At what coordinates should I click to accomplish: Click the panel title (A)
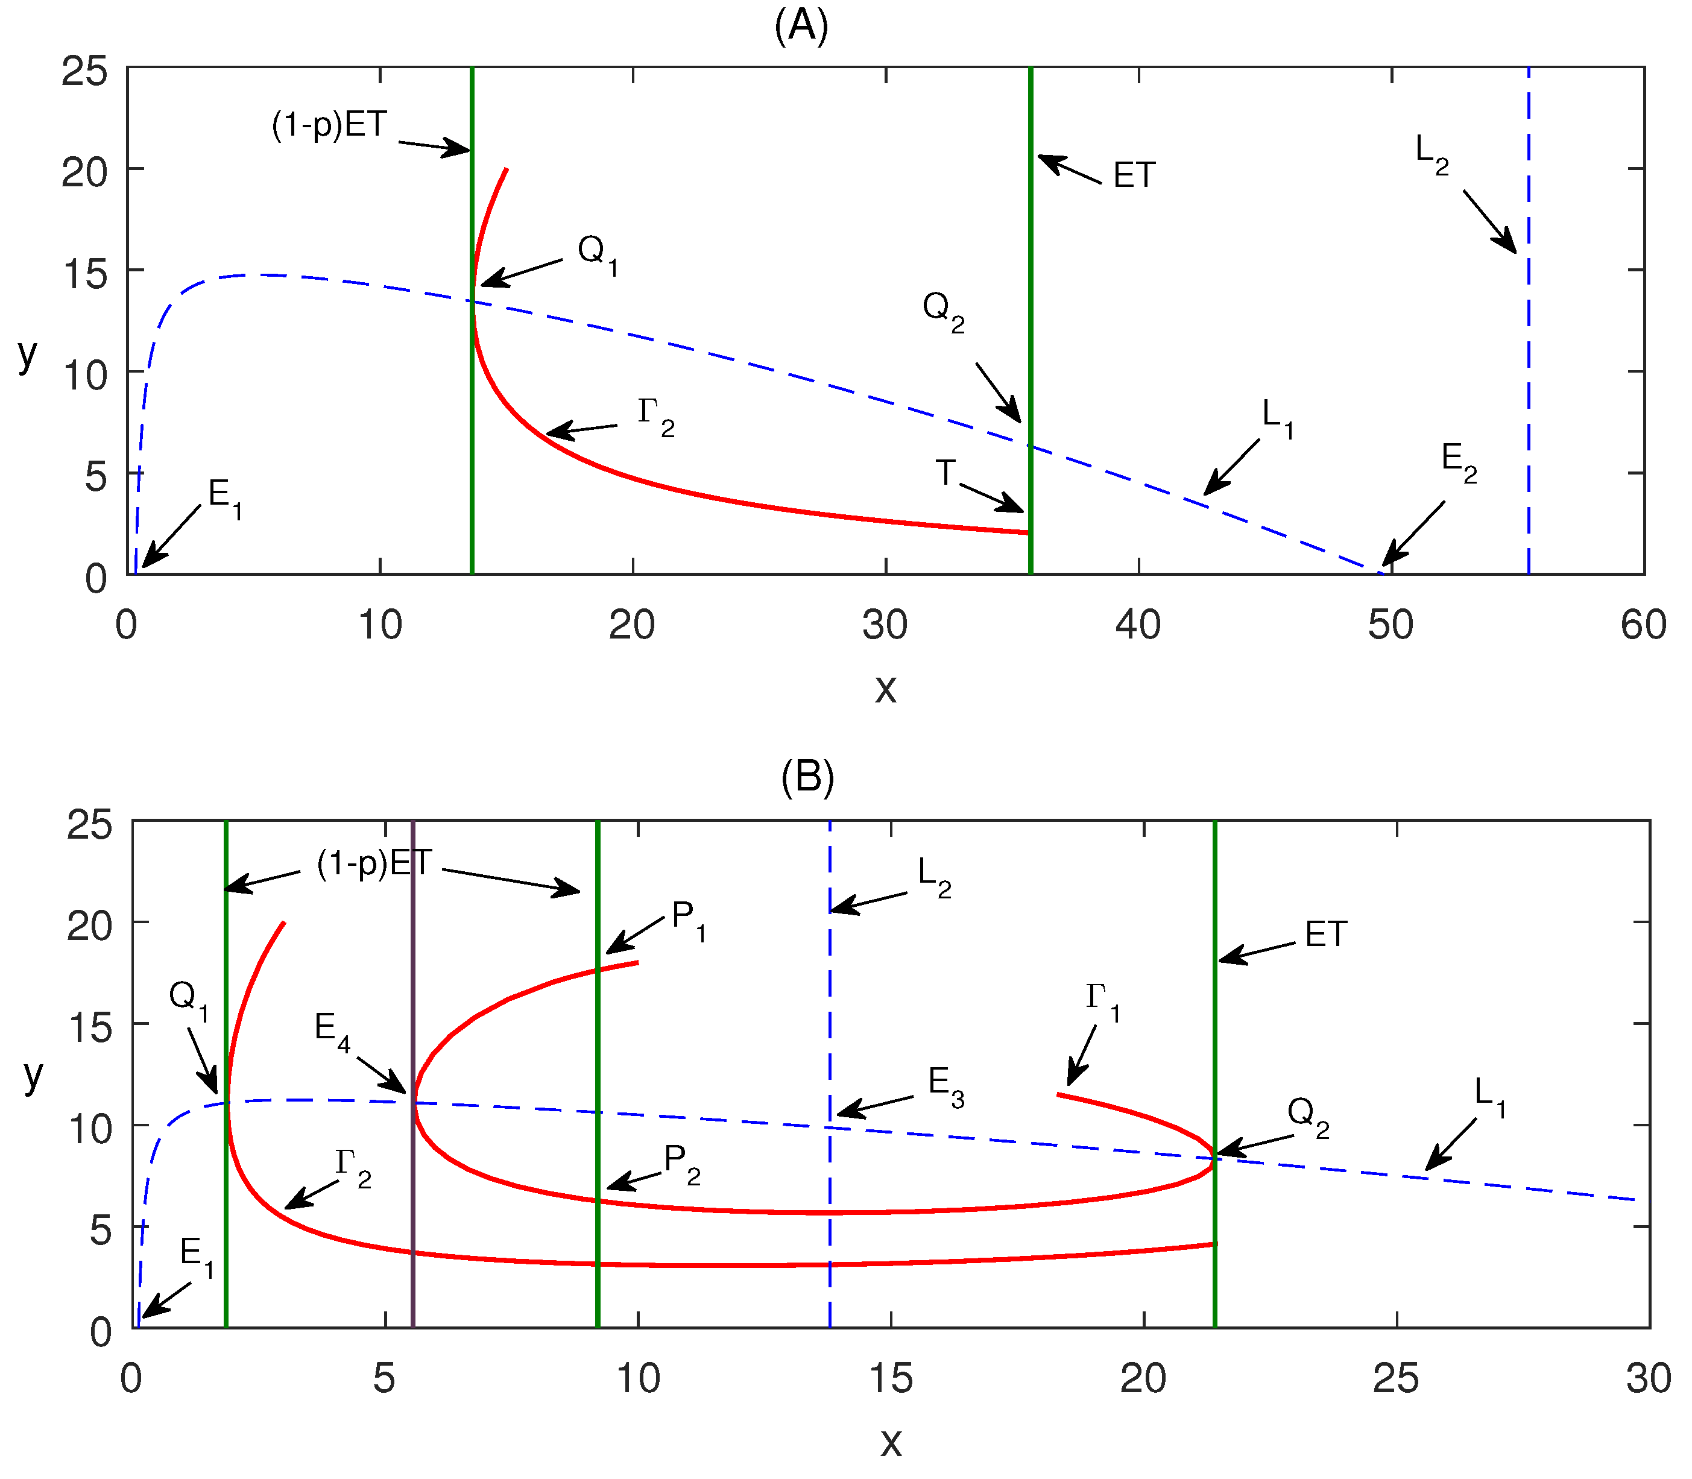click(801, 27)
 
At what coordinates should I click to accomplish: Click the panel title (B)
click(807, 777)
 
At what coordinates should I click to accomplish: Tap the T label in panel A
click(946, 473)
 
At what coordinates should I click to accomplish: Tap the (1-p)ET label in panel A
click(329, 125)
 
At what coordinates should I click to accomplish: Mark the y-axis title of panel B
click(33, 1076)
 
